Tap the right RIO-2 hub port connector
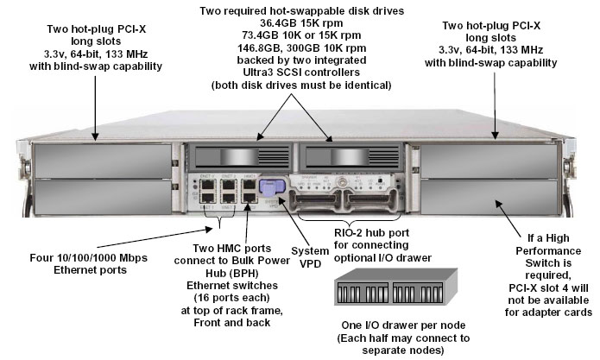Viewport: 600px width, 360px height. coord(370,201)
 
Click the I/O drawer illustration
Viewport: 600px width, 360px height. coord(399,291)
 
